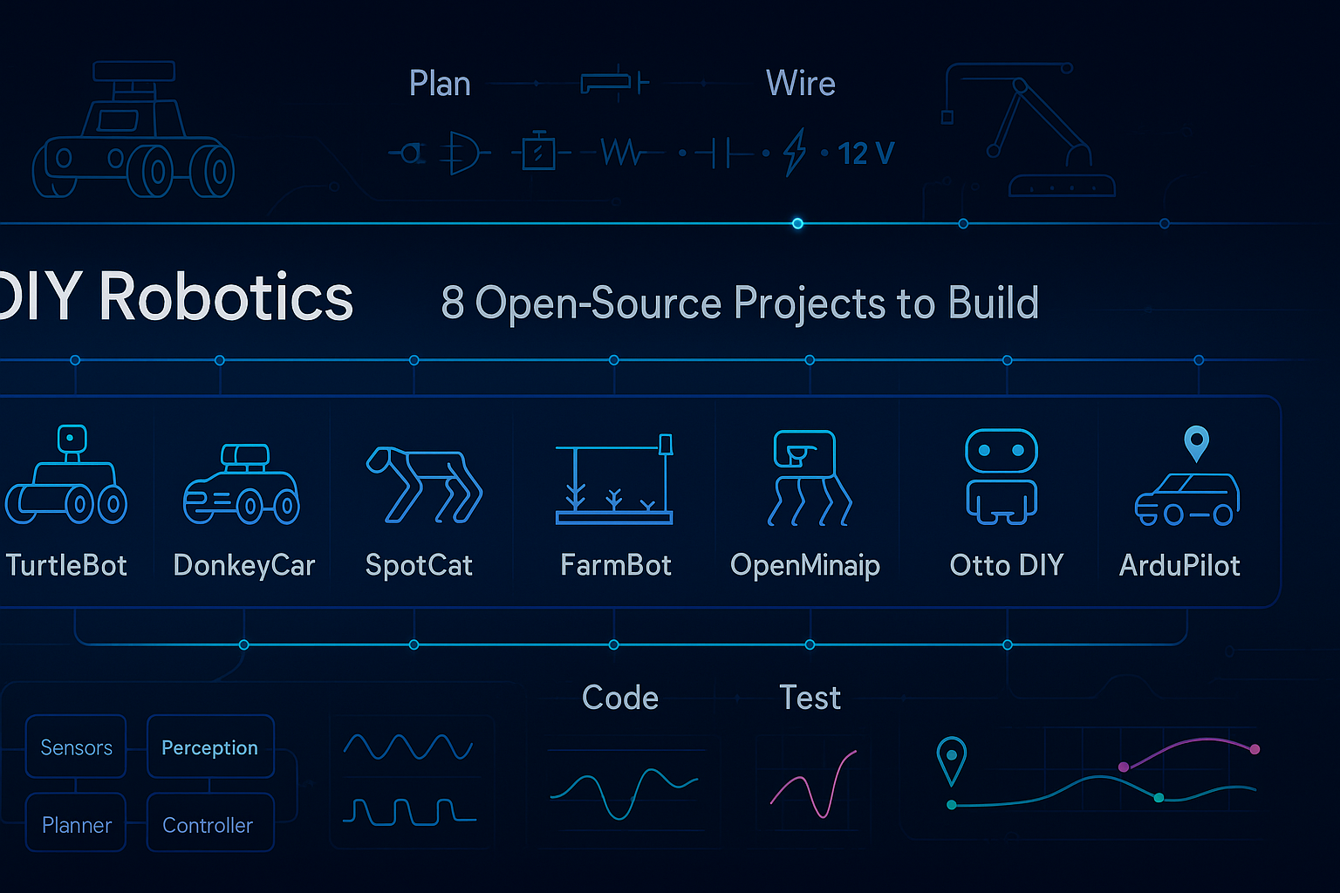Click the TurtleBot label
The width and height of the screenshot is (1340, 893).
pos(66,565)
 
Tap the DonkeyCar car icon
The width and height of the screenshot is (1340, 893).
pos(242,485)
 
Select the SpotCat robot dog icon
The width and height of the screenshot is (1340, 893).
pos(424,485)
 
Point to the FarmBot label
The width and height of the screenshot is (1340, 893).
pos(616,565)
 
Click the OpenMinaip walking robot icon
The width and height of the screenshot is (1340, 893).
pos(808,478)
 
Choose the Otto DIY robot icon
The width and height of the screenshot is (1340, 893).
pos(1002,476)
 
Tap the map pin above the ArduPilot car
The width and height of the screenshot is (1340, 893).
pos(1196,442)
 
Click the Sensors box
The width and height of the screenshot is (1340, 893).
pos(76,747)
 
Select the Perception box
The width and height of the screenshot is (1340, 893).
pos(210,747)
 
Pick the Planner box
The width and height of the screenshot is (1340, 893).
pos(76,824)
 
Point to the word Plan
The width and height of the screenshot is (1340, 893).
pos(440,84)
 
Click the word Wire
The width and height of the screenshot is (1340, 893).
pos(800,84)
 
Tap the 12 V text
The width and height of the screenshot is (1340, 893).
pos(865,153)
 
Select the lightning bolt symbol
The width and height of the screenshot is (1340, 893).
pos(794,153)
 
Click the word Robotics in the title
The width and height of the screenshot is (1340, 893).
pos(226,297)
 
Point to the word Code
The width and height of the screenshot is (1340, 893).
pos(619,698)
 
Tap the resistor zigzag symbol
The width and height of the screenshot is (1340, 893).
pos(620,153)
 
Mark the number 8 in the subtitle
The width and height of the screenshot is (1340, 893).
pos(452,303)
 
